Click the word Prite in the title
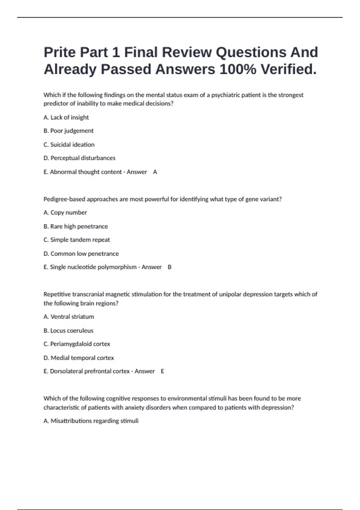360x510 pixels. (x=60, y=52)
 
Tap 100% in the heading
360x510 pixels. (x=238, y=70)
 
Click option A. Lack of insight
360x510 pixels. (x=66, y=117)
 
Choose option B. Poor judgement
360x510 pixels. (x=69, y=131)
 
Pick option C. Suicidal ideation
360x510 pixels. (x=69, y=145)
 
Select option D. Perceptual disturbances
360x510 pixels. (x=79, y=158)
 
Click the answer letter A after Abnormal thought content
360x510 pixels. (x=155, y=172)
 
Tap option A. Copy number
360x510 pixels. (x=65, y=212)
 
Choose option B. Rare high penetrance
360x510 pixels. (x=76, y=226)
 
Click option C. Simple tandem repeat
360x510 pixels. (x=77, y=240)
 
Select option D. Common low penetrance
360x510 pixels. (x=81, y=253)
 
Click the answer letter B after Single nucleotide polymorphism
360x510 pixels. (x=169, y=267)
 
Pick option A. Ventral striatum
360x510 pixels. (x=69, y=316)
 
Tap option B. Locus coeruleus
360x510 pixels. (x=68, y=330)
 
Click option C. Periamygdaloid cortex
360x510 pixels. (x=77, y=344)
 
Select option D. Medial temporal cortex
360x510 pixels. (x=79, y=358)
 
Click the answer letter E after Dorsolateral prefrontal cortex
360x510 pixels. (x=163, y=371)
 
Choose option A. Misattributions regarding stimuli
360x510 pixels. (x=91, y=421)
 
